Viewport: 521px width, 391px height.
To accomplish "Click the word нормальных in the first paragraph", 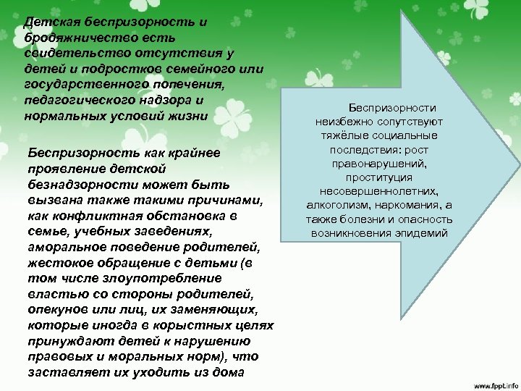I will (x=61, y=116).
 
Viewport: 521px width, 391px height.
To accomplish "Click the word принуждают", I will (x=63, y=341).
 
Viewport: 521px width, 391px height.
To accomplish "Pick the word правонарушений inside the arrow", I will (x=380, y=163).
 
